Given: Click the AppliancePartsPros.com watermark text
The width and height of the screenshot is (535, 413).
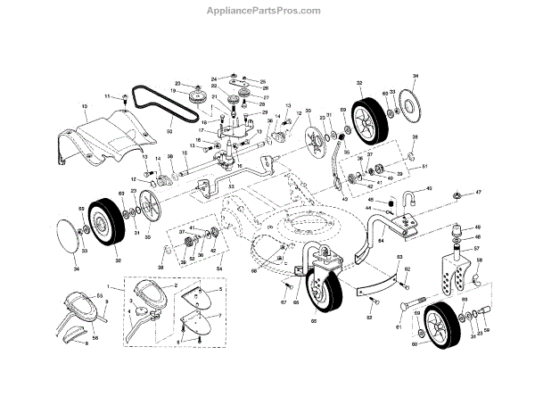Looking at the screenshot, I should click(267, 10).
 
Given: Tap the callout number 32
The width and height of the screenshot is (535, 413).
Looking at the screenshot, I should click(359, 83).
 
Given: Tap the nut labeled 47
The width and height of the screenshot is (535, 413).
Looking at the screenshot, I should click(453, 193).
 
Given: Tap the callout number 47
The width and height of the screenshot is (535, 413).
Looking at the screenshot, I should click(478, 193).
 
